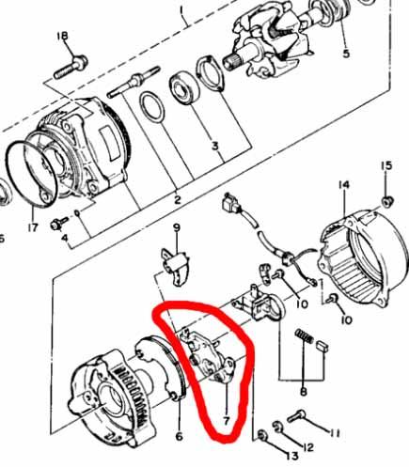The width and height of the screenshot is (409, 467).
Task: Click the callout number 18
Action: click(63, 37)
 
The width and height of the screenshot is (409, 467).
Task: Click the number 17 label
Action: click(31, 226)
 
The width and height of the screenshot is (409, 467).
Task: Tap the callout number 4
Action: click(64, 238)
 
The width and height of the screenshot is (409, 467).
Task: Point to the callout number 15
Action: click(385, 167)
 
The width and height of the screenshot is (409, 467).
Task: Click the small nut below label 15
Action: click(386, 202)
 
